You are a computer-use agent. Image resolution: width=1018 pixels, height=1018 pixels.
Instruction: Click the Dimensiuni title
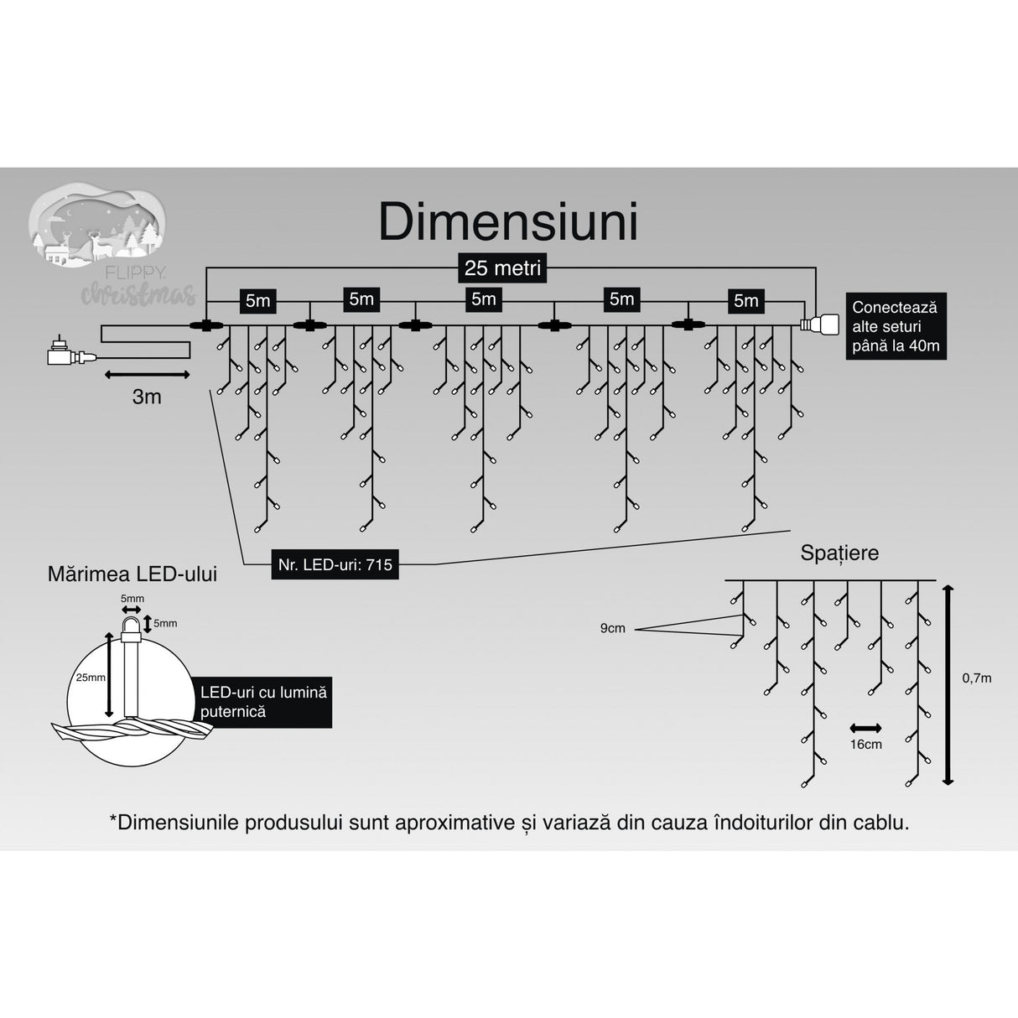click(x=508, y=222)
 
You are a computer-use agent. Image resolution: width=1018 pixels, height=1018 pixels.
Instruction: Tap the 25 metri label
click(x=502, y=268)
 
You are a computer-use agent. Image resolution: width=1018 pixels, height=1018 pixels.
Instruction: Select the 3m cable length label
click(x=147, y=397)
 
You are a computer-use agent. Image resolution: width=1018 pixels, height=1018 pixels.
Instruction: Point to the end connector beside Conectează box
click(x=818, y=325)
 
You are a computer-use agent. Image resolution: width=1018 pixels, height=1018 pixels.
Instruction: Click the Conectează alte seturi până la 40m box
click(x=896, y=326)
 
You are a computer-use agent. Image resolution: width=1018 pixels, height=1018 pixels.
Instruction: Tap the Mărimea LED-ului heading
click(x=132, y=574)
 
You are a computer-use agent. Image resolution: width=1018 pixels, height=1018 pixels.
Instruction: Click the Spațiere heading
click(x=839, y=553)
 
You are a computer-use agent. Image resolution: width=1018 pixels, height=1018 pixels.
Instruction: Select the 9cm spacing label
click(x=613, y=628)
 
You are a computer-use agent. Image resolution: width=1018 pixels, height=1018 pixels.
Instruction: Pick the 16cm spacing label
click(x=865, y=744)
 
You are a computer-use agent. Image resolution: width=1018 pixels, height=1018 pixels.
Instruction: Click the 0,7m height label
click(x=976, y=678)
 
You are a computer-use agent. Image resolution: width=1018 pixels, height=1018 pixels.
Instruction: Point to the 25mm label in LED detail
click(x=90, y=677)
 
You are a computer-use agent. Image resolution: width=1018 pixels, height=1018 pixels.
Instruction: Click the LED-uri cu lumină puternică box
click(x=262, y=702)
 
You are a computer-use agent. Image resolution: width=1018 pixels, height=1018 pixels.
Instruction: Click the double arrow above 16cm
click(x=865, y=728)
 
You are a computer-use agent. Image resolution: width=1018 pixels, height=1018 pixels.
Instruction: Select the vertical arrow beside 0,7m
click(x=948, y=684)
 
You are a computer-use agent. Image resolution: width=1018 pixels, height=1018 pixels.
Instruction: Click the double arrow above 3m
click(x=147, y=375)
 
